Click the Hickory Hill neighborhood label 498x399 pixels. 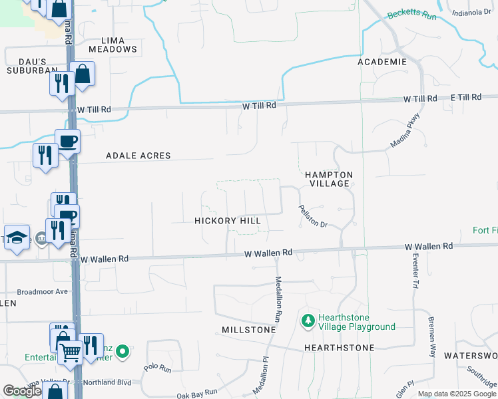pyautogui.click(x=228, y=220)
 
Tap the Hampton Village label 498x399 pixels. pyautogui.click(x=328, y=179)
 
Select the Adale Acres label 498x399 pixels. pyautogui.click(x=138, y=156)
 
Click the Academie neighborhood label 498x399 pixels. pyautogui.click(x=382, y=62)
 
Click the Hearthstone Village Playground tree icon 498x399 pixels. pyautogui.click(x=308, y=321)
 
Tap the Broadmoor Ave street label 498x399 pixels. pyautogui.click(x=43, y=291)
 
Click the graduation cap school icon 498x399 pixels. pyautogui.click(x=17, y=237)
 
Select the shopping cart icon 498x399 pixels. pyautogui.click(x=71, y=352)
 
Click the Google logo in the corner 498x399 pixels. pyautogui.click(x=22, y=391)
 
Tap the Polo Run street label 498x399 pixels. pyautogui.click(x=158, y=367)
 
